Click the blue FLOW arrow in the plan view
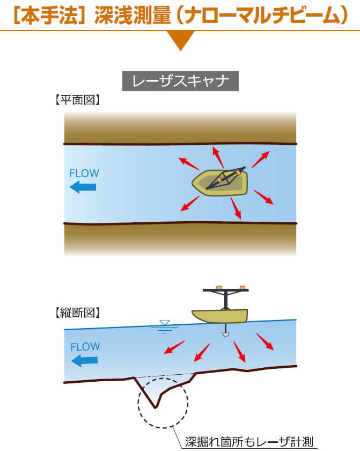click(x=83, y=187)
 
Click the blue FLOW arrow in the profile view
click(x=84, y=360)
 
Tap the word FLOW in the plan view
click(x=84, y=173)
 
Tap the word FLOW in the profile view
click(x=85, y=347)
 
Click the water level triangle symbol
click(x=165, y=323)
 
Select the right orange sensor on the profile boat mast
click(x=242, y=287)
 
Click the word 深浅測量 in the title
click(x=126, y=16)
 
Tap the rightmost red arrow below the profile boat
click(x=265, y=341)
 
